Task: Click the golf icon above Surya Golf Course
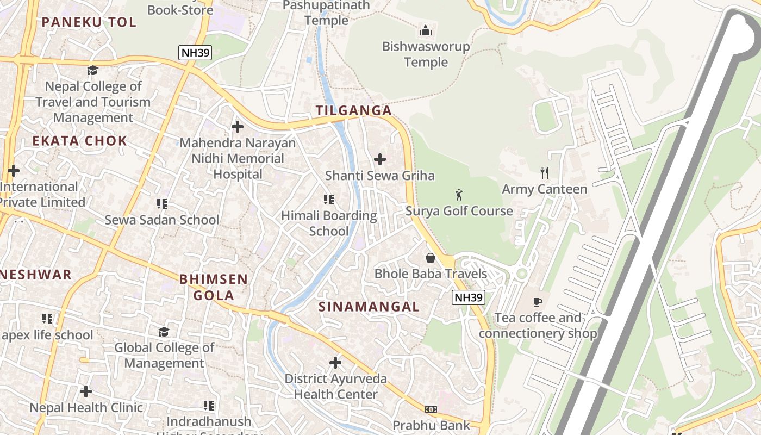[459, 194]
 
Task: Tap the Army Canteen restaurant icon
[544, 173]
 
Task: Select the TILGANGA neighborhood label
[354, 110]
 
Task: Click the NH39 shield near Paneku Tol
[195, 53]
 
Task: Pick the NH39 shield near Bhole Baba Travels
[468, 297]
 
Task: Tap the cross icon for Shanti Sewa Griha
[380, 159]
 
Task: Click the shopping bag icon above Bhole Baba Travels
[431, 257]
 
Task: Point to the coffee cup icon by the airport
[538, 302]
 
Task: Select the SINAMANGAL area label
[369, 307]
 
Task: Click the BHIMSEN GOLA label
[214, 287]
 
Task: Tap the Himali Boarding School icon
[329, 200]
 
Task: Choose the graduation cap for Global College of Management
[164, 331]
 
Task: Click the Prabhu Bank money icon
[431, 409]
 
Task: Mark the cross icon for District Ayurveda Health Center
[335, 362]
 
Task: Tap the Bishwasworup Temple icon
[426, 30]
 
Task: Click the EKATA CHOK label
[79, 141]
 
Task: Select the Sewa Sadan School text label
[161, 220]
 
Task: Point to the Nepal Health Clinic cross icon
[86, 391]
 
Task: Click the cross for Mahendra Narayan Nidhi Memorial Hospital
[238, 127]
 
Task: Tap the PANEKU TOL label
[89, 22]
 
